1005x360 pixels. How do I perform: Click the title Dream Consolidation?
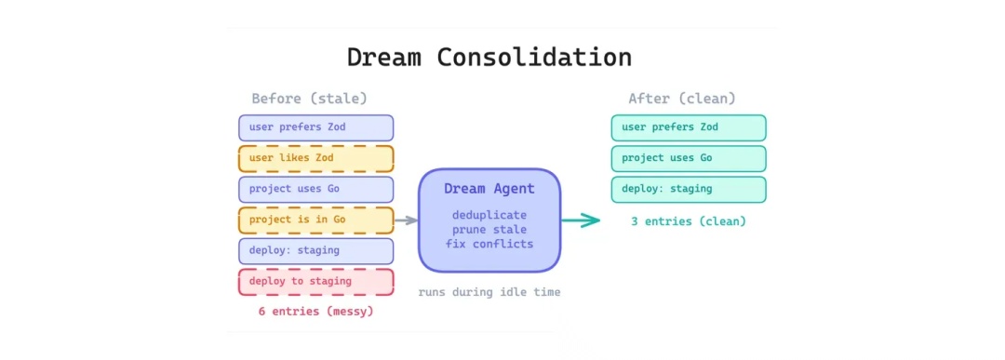click(x=489, y=57)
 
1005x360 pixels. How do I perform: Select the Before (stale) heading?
click(x=310, y=99)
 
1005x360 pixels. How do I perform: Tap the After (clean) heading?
click(x=682, y=99)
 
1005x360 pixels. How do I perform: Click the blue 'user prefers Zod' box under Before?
click(x=316, y=127)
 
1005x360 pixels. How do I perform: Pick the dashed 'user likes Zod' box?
click(x=316, y=158)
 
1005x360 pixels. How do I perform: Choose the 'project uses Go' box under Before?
click(x=316, y=189)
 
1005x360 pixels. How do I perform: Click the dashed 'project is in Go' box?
click(x=316, y=220)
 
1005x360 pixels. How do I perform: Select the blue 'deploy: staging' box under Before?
click(x=316, y=250)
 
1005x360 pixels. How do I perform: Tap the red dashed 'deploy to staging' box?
click(x=316, y=281)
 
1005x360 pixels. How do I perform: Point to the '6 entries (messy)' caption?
click(x=315, y=312)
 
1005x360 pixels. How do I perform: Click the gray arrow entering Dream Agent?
click(x=407, y=220)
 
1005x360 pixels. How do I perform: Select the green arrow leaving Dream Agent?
click(x=581, y=220)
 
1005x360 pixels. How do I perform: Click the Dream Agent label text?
click(x=489, y=189)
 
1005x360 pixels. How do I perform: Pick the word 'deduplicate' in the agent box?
click(x=489, y=214)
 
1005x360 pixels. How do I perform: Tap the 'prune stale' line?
click(x=489, y=229)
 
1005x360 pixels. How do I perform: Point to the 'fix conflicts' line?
click(x=489, y=244)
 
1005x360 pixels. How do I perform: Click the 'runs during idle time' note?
click(x=489, y=292)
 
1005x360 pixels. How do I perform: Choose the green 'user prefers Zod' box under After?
click(x=689, y=127)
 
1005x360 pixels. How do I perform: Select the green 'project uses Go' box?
click(x=689, y=158)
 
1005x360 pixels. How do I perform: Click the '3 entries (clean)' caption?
click(x=689, y=221)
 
